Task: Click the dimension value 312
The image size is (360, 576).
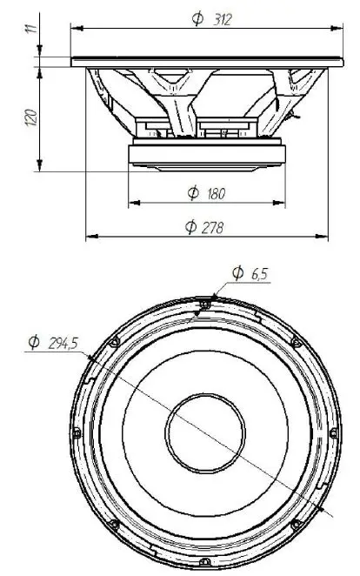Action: [221, 19]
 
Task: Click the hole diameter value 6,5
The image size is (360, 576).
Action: [261, 274]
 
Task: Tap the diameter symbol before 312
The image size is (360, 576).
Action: [197, 20]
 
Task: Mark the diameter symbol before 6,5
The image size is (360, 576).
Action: [237, 274]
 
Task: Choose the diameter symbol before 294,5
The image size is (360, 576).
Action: [33, 344]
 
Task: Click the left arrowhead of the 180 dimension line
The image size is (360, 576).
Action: [132, 204]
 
